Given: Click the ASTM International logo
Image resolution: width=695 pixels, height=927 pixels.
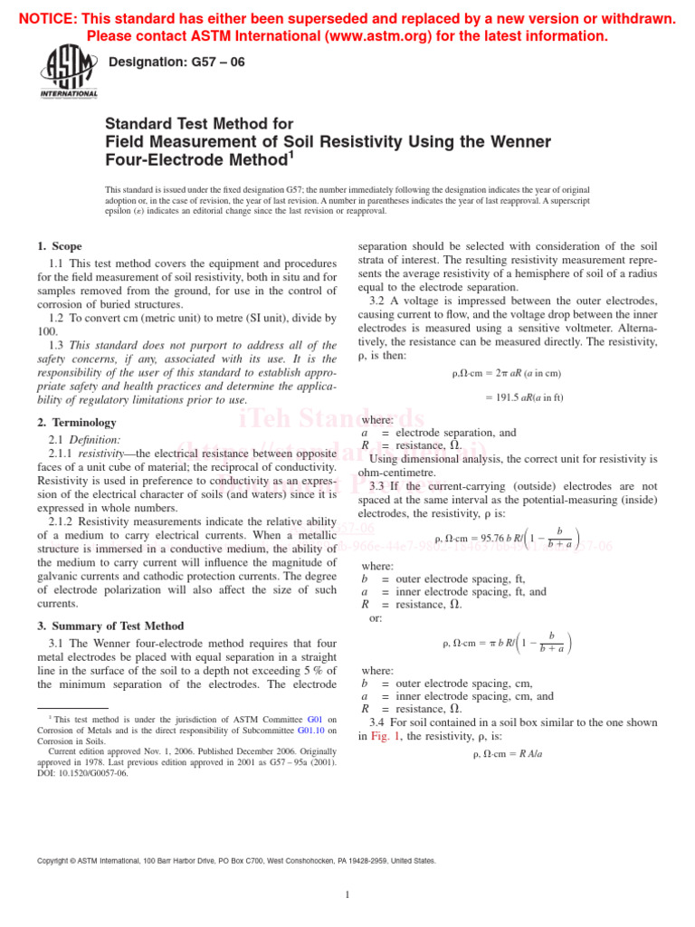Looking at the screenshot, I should pyautogui.click(x=69, y=72).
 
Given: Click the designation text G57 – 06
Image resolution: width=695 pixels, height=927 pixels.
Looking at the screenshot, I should pyautogui.click(x=176, y=62).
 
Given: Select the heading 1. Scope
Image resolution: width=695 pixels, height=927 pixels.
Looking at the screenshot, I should pyautogui.click(x=60, y=246).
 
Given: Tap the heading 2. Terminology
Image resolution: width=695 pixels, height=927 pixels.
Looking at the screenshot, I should pyautogui.click(x=77, y=422).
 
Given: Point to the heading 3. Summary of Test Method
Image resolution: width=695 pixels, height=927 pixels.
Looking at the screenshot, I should pyautogui.click(x=110, y=626).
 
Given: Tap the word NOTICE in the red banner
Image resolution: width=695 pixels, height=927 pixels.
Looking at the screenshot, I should pyautogui.click(x=48, y=19).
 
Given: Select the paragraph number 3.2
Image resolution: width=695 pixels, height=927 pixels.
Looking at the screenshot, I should pyautogui.click(x=378, y=301).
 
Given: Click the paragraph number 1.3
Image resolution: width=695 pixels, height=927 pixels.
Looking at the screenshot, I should pyautogui.click(x=56, y=345).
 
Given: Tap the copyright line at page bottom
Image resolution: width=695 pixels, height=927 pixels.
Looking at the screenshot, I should pyautogui.click(x=236, y=861).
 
